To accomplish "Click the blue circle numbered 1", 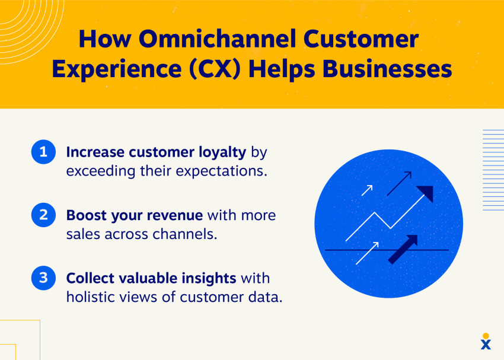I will (43, 152).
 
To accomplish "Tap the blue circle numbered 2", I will (43, 215).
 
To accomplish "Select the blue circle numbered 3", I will (43, 278).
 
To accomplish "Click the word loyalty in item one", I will (216, 152).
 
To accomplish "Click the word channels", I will (184, 234).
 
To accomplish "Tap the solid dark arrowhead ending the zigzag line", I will (426, 193).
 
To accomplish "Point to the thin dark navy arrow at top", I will (399, 183).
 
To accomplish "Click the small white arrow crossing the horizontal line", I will (368, 252).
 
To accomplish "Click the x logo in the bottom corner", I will (486, 342).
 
